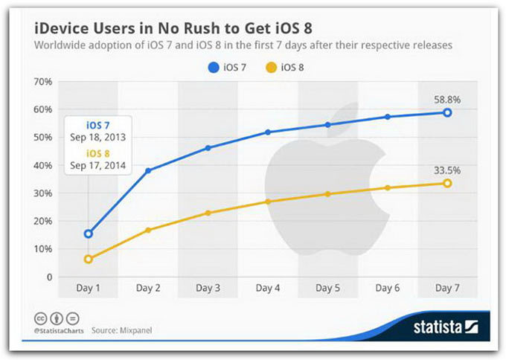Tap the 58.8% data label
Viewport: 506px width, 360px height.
(447, 97)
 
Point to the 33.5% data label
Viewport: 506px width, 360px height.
(447, 170)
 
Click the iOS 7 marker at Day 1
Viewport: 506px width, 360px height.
(89, 234)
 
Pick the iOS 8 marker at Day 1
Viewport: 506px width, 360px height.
(89, 259)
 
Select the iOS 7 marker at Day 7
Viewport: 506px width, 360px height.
(447, 112)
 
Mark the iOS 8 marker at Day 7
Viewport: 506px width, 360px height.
(447, 183)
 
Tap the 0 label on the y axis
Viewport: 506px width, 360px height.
(48, 277)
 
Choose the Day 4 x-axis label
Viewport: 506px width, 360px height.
(268, 287)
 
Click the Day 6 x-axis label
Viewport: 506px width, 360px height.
(387, 287)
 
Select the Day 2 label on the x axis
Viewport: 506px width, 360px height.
(148, 287)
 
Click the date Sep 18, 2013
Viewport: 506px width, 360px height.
(98, 138)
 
